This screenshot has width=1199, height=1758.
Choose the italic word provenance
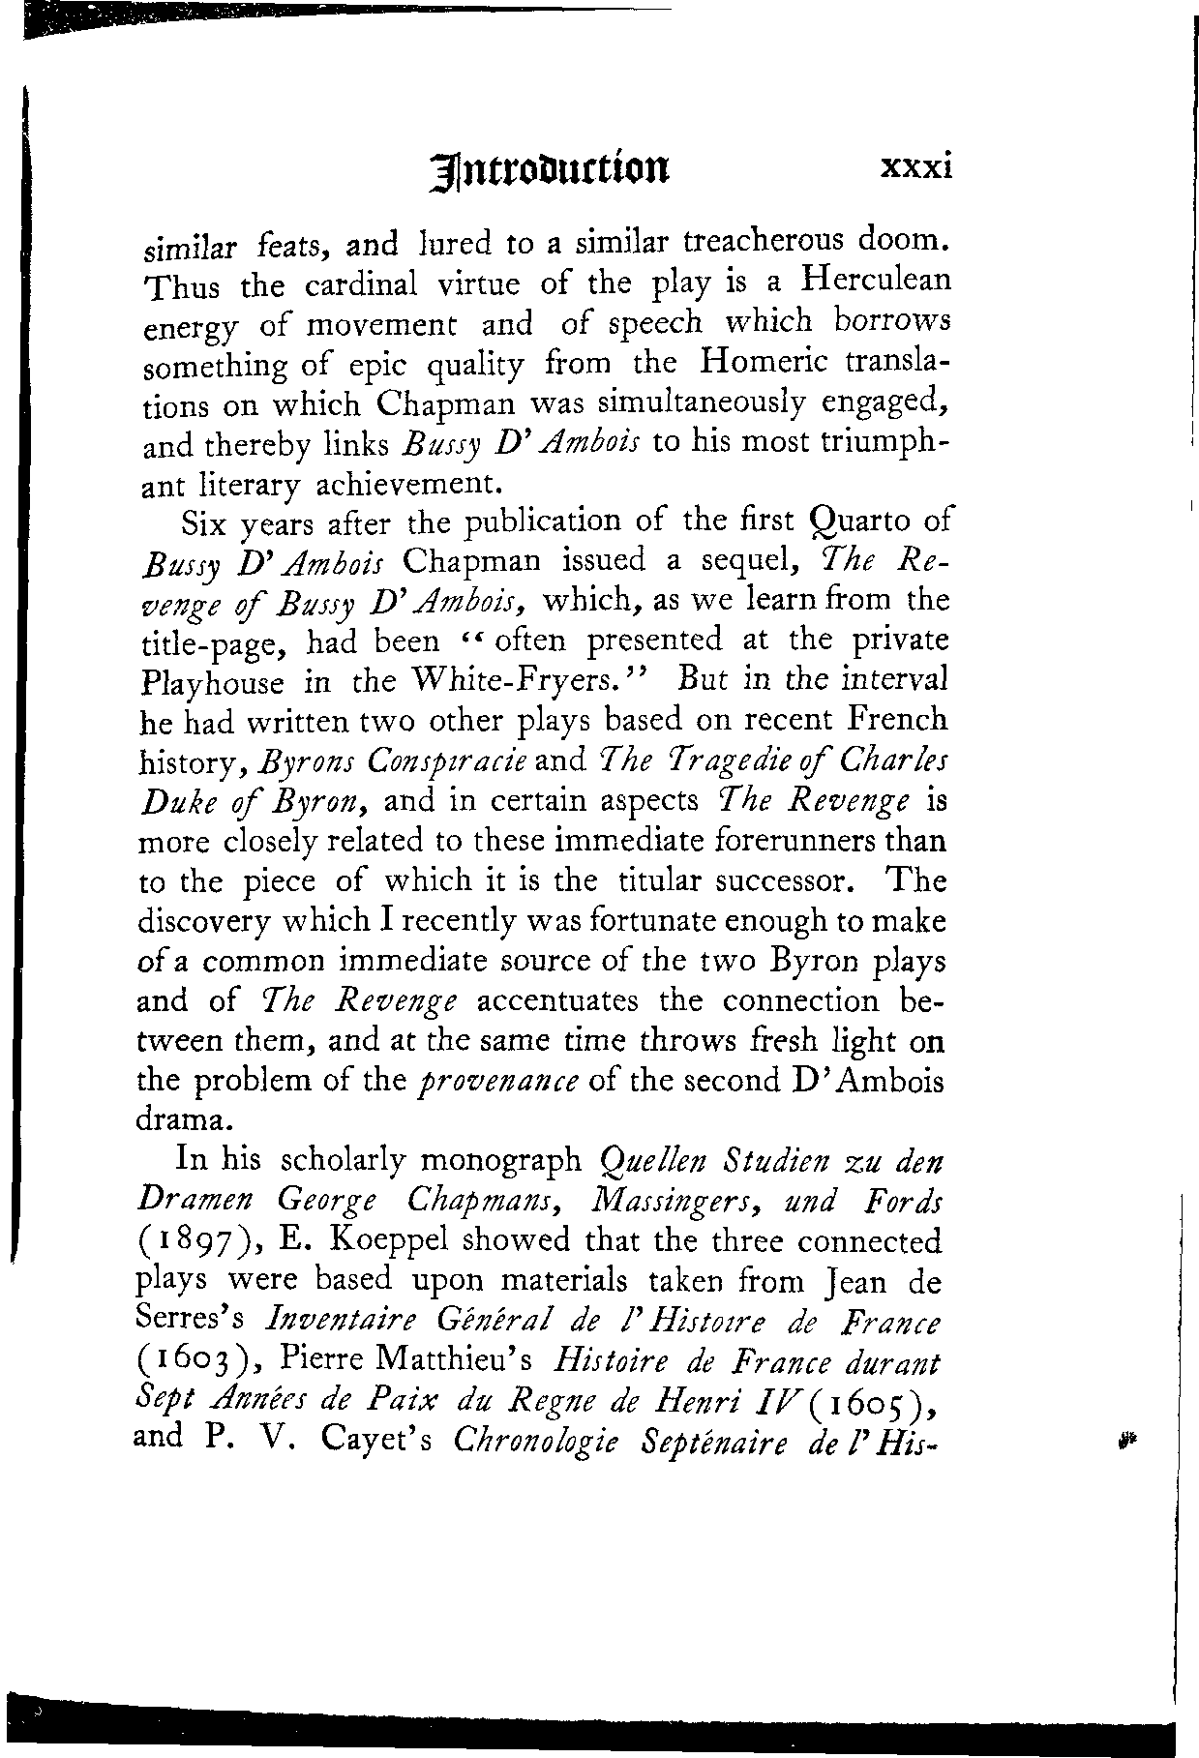point(497,1081)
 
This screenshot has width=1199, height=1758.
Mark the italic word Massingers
point(671,1199)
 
